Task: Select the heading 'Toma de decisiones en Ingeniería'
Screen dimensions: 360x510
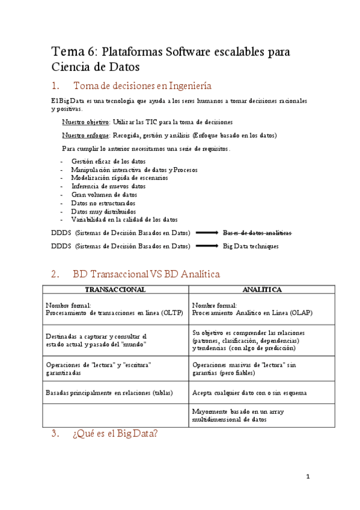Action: [x=142, y=85]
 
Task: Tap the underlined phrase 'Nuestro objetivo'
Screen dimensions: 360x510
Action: [x=85, y=121]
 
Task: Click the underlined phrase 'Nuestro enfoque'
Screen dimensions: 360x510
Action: [x=85, y=135]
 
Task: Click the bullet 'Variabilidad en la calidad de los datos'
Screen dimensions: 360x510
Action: [x=124, y=220]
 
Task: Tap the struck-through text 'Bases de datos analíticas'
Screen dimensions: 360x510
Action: [x=257, y=232]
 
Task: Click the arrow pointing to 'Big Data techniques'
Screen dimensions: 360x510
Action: [x=206, y=246]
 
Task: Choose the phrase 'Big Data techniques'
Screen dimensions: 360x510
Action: [x=251, y=246]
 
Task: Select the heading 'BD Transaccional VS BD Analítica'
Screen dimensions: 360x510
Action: [x=146, y=274]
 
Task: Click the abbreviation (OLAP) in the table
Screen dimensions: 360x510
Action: [x=299, y=313]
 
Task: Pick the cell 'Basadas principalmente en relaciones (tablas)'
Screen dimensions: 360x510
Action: [x=109, y=393]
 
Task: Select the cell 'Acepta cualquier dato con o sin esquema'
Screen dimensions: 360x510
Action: [x=249, y=393]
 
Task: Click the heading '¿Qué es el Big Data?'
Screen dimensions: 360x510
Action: [x=115, y=434]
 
